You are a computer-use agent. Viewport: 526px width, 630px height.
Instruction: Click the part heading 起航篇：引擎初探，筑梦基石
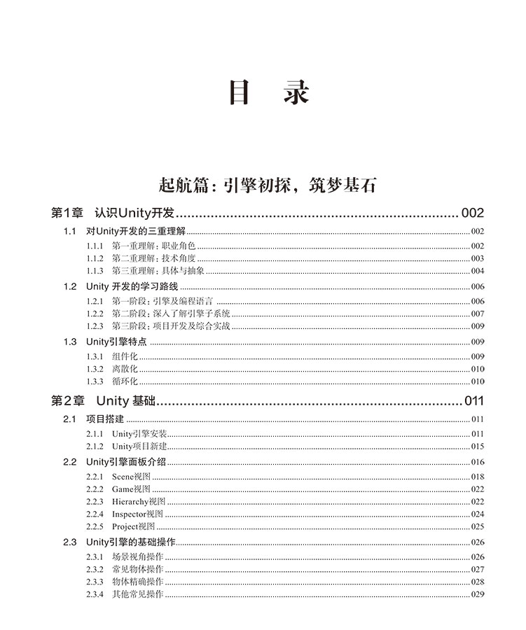[x=268, y=185]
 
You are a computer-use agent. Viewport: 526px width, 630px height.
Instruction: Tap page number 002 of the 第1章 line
[x=471, y=213]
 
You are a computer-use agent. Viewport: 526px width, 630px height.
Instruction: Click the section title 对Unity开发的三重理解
[x=133, y=232]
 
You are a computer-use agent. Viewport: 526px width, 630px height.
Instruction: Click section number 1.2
[x=70, y=286]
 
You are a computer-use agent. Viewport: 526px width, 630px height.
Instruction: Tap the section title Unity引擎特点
[x=116, y=342]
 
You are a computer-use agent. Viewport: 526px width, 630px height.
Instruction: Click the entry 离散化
[x=125, y=369]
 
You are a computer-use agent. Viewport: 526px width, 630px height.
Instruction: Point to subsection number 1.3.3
[x=95, y=381]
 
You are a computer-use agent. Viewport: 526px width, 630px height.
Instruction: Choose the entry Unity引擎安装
[x=139, y=433]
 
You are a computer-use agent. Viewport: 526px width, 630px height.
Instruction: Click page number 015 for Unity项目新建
[x=478, y=446]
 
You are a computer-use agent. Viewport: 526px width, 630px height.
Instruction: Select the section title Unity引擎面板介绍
[x=126, y=462]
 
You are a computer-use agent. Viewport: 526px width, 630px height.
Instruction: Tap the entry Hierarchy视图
[x=139, y=501]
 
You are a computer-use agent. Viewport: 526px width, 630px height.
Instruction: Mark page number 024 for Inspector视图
[x=478, y=514]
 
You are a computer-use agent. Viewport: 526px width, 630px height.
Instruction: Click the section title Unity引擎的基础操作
[x=130, y=542]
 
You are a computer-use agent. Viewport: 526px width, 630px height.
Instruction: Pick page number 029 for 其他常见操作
[x=478, y=594]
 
